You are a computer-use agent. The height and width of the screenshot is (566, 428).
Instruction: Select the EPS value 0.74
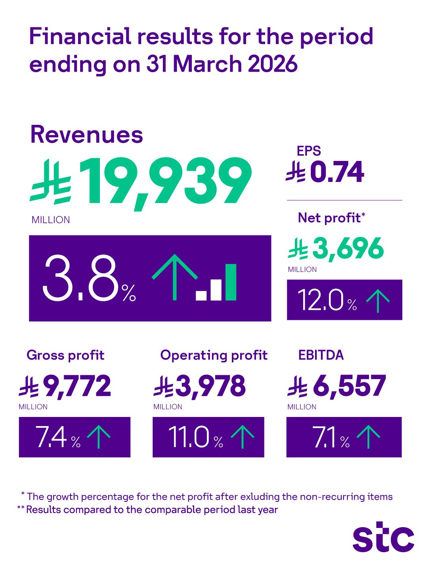click(x=336, y=172)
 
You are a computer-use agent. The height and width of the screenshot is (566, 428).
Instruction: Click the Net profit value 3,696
click(x=348, y=249)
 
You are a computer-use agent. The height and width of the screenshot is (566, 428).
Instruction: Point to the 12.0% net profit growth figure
click(x=320, y=300)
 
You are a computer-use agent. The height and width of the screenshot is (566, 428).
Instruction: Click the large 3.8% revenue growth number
click(x=81, y=278)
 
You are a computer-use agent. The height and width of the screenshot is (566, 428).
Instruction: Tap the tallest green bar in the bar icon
click(x=231, y=282)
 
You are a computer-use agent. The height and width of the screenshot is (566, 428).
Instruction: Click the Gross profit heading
click(x=65, y=355)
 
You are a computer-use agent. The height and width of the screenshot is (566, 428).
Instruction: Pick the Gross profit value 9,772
click(x=77, y=386)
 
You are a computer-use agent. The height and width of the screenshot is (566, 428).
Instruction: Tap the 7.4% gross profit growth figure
click(x=51, y=437)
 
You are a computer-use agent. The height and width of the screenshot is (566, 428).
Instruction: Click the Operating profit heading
click(x=214, y=355)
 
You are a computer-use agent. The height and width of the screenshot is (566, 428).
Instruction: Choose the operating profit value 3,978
click(x=210, y=386)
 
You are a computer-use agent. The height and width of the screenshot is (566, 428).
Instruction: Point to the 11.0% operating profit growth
click(x=189, y=437)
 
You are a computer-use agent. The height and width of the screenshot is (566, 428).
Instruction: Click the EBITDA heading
click(x=321, y=355)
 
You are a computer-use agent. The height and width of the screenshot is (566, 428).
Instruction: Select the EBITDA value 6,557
click(x=349, y=386)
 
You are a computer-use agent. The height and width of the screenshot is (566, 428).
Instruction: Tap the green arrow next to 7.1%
click(x=368, y=437)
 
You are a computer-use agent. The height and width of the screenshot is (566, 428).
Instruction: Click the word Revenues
click(x=86, y=135)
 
